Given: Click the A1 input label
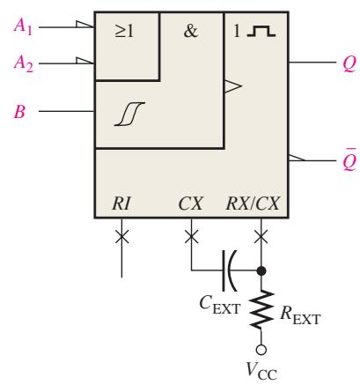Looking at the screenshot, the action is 23,27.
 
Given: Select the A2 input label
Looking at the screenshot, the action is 24,63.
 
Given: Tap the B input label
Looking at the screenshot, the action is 19,112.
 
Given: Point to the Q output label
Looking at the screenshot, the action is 349,63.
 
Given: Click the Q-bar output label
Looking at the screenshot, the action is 349,160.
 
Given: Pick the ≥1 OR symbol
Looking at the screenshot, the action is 124,31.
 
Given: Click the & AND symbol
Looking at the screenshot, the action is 191,31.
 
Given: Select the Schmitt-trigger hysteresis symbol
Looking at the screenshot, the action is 129,114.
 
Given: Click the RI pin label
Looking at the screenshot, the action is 121,204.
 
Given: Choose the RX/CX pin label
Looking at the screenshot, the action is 253,204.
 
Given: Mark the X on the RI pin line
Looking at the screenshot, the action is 121,237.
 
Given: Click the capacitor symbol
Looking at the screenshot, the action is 229,270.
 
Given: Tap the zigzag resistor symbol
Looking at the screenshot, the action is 261,309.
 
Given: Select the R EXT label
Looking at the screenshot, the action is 300,315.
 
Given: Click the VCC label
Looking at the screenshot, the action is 261,371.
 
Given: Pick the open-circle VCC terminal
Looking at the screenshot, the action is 261,350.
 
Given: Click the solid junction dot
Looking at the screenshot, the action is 261,270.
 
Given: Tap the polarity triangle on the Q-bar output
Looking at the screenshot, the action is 297,158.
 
